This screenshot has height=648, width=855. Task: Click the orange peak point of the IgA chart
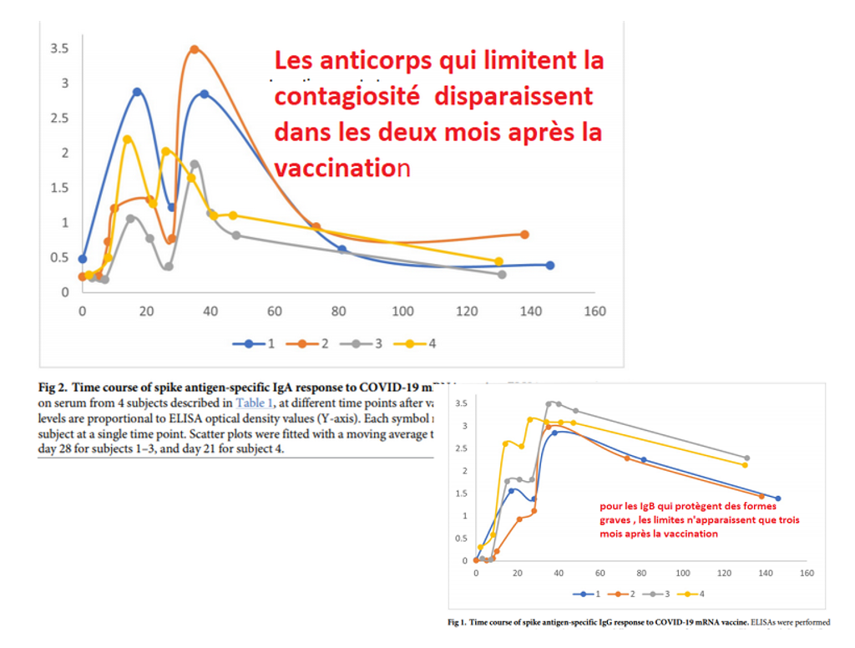pos(195,49)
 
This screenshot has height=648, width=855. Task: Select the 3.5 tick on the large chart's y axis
pos(58,49)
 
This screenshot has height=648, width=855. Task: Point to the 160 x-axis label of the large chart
pos(594,311)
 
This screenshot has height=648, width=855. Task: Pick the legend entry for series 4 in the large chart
pos(421,343)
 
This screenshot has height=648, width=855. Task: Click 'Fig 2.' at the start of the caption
pos(54,387)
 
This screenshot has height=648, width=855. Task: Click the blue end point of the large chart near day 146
pos(549,265)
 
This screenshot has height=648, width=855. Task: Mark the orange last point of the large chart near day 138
pos(524,235)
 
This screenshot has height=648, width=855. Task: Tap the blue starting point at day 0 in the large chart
pos(82,259)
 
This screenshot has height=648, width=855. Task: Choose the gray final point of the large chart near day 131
pos(502,274)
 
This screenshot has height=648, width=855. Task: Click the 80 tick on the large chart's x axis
pos(338,311)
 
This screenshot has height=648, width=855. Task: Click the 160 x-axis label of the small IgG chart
pos(807,574)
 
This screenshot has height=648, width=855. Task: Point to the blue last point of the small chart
pos(777,499)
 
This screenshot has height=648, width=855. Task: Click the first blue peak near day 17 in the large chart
pos(137,92)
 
